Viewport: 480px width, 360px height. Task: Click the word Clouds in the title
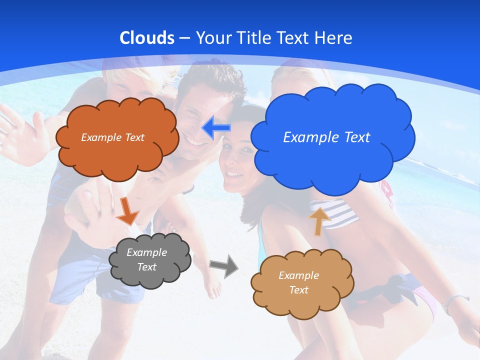tap(147, 38)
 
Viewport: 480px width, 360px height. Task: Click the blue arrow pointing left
tap(216, 128)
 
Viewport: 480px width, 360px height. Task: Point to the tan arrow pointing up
tap(319, 220)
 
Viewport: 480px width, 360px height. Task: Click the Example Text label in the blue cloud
tap(326, 137)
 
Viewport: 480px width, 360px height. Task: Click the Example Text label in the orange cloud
tap(112, 137)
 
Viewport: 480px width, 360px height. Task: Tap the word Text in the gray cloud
tap(146, 267)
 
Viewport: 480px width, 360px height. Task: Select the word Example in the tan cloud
tap(298, 275)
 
